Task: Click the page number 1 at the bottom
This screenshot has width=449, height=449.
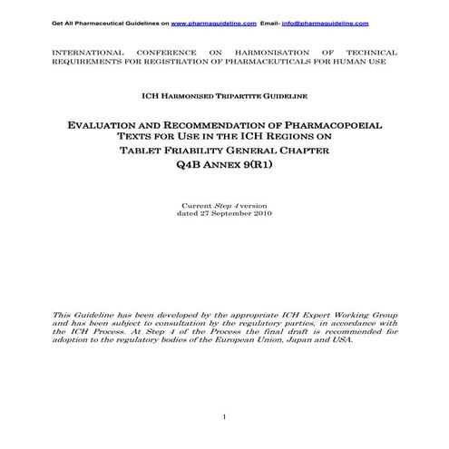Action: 224,416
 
